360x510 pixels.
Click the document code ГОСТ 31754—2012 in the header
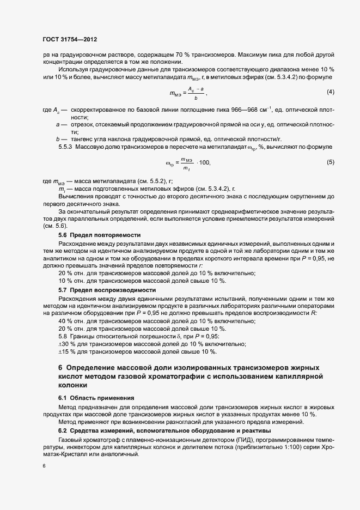pyautogui.click(x=70, y=40)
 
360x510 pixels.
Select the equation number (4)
pyautogui.click(x=330, y=91)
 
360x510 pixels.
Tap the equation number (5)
pyautogui.click(x=330, y=162)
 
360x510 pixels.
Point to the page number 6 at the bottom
pyautogui.click(x=44, y=466)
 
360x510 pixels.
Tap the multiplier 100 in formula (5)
pyautogui.click(x=204, y=163)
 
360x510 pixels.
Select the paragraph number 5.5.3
pyautogui.click(x=66, y=147)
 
